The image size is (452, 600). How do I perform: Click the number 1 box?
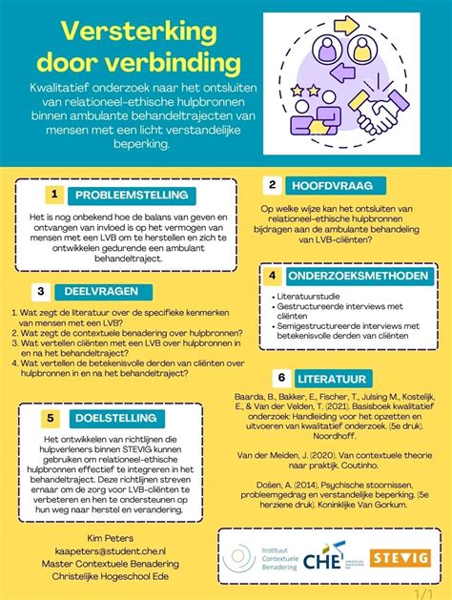click(x=53, y=195)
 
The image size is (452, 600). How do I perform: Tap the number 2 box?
click(x=272, y=185)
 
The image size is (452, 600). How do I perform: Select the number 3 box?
click(x=41, y=291)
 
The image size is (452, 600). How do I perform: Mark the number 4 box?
click(x=272, y=276)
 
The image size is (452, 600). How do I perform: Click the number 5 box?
click(x=51, y=417)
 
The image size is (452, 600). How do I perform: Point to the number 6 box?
click(x=280, y=378)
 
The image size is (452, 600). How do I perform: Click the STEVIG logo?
click(x=400, y=558)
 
